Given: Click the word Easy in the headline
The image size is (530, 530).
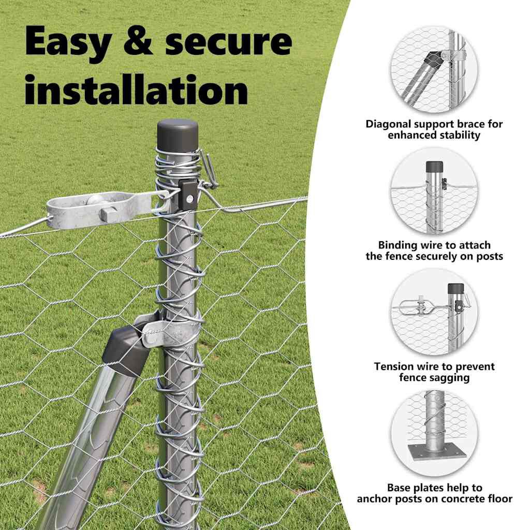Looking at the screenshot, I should (x=66, y=42).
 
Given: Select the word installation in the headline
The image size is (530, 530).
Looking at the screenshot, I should (x=136, y=91).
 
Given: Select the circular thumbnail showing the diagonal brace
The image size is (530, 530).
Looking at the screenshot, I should (x=434, y=70).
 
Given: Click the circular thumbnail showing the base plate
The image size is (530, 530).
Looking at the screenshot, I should (x=434, y=433).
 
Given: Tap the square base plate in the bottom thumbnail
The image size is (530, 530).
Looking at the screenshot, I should (x=434, y=452).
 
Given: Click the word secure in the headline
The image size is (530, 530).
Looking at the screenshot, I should (x=228, y=42).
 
